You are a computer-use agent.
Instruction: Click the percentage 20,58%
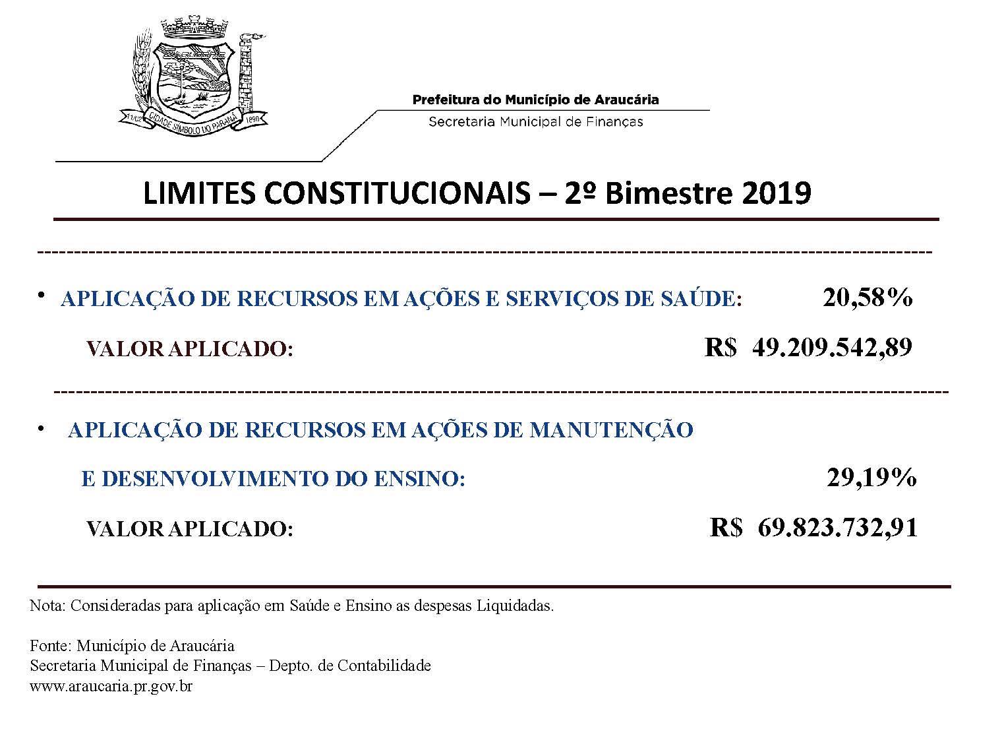click(x=867, y=298)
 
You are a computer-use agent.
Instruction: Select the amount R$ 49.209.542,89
click(x=808, y=347)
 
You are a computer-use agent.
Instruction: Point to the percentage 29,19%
click(x=871, y=477)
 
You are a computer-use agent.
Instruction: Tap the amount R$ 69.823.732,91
click(x=813, y=528)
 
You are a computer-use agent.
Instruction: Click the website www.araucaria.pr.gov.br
click(x=111, y=686)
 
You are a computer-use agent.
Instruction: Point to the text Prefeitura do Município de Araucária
click(x=535, y=100)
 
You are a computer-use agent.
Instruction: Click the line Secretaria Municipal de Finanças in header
click(x=535, y=121)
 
